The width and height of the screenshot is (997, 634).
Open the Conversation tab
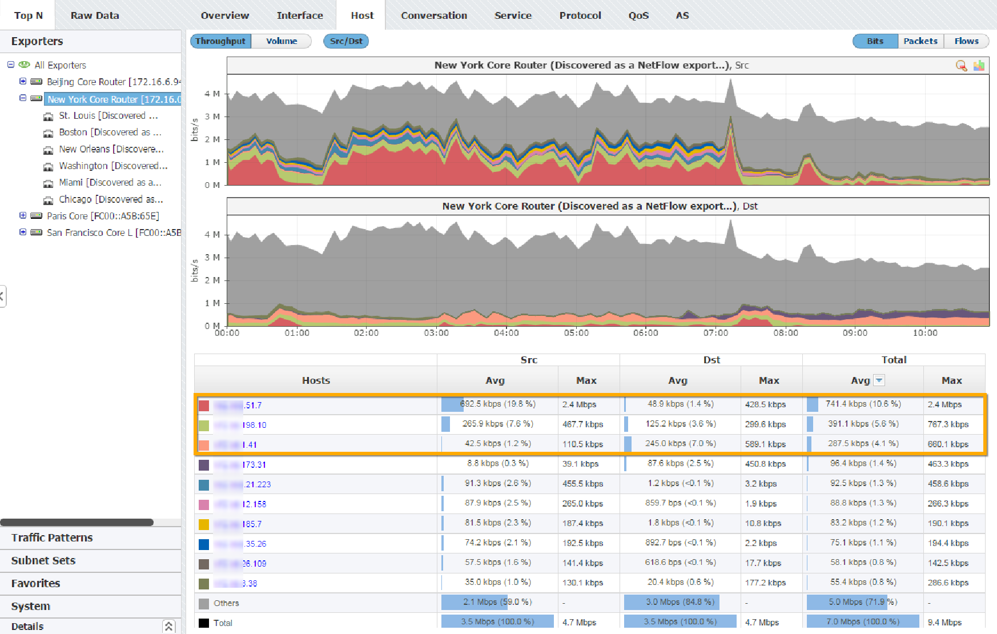pyautogui.click(x=433, y=15)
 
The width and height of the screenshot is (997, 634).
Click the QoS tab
pyautogui.click(x=638, y=15)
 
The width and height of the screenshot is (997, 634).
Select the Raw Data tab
pyautogui.click(x=95, y=15)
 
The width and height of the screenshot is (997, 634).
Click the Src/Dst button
pyautogui.click(x=346, y=41)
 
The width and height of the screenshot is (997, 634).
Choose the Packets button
pyautogui.click(x=920, y=41)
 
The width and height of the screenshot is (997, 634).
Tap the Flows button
pyautogui.click(x=966, y=41)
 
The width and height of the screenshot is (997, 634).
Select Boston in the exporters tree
pyautogui.click(x=110, y=133)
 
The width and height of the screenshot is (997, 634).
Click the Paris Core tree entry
pyautogui.click(x=103, y=216)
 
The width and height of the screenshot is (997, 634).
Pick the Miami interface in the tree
pyautogui.click(x=110, y=183)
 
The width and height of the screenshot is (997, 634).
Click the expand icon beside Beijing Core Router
pyautogui.click(x=23, y=82)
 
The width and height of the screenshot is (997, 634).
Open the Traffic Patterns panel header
pyautogui.click(x=52, y=538)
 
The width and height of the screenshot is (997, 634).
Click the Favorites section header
pyautogui.click(x=35, y=584)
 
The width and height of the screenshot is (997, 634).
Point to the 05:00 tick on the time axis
pyautogui.click(x=576, y=333)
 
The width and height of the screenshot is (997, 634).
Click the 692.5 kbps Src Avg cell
pyautogui.click(x=497, y=404)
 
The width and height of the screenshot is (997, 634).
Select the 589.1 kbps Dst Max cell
pyautogui.click(x=765, y=444)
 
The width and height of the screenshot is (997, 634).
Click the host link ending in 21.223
pyautogui.click(x=257, y=484)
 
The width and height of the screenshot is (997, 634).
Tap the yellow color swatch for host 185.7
pyautogui.click(x=204, y=524)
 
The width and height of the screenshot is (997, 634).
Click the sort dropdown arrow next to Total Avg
pyautogui.click(x=879, y=380)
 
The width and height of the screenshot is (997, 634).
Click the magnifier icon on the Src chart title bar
pyautogui.click(x=961, y=66)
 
